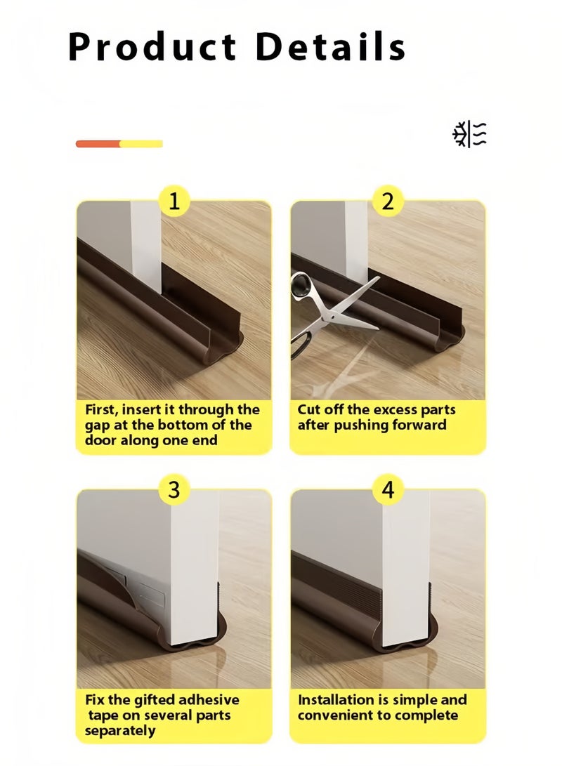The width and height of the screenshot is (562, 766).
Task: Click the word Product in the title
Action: [152, 47]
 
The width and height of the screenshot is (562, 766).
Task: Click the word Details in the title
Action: [330, 47]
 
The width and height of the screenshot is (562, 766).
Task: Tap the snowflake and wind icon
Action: [469, 134]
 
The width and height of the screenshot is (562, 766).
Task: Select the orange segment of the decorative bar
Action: [98, 144]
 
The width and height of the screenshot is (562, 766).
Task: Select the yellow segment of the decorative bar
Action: [141, 144]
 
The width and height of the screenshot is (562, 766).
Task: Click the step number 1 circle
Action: [174, 202]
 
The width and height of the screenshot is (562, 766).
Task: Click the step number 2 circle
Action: [388, 202]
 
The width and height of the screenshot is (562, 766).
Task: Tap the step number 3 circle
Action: [174, 489]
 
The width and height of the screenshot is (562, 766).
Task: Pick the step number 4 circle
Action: [388, 489]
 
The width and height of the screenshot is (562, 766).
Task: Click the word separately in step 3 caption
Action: [121, 731]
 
